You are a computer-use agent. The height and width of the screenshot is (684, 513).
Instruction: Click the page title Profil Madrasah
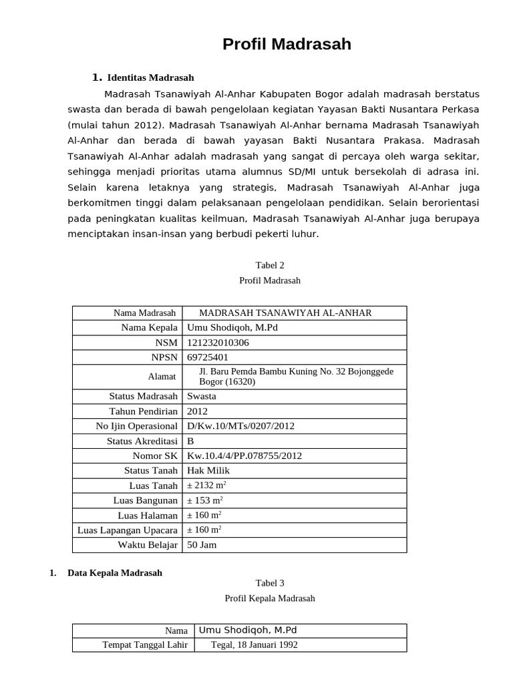287,45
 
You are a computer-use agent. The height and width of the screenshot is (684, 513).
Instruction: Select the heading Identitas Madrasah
150,77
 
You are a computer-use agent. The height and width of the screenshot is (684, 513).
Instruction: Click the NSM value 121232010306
218,343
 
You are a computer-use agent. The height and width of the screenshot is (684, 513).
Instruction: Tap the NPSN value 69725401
208,357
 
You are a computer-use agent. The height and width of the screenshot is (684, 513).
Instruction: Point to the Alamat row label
162,377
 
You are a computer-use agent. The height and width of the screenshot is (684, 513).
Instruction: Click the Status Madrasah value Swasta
202,396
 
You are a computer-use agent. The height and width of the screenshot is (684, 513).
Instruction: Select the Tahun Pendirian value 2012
198,411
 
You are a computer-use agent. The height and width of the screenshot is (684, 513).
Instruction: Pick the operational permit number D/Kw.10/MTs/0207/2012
240,425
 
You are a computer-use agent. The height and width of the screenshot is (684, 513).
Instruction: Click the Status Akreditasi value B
191,441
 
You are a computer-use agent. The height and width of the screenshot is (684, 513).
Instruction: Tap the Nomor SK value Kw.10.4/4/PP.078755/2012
244,456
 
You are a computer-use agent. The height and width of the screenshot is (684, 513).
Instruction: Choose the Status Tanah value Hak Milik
208,470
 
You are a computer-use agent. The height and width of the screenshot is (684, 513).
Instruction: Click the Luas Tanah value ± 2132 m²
211,486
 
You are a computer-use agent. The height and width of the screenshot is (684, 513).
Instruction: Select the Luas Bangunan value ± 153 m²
205,500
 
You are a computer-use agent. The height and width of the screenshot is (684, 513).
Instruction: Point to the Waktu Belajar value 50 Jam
202,545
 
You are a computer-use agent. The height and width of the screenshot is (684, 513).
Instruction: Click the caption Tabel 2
270,265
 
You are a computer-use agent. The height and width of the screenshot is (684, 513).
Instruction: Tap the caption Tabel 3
270,583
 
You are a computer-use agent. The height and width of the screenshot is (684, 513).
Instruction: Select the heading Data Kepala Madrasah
115,573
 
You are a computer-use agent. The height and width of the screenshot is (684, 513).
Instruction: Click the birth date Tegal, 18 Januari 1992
254,645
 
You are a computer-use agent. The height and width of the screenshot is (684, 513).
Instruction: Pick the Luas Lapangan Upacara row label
128,530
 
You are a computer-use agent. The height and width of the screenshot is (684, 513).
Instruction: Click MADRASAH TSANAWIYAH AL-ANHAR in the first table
285,313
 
